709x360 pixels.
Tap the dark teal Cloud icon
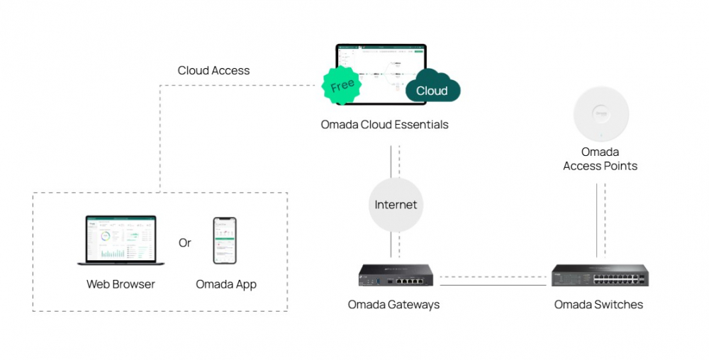coord(432,88)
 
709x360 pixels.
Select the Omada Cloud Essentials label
coord(384,125)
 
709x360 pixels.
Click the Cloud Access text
coord(213,70)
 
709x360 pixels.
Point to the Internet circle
coord(396,205)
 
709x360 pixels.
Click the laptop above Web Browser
coord(120,241)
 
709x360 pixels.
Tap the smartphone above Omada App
coord(225,241)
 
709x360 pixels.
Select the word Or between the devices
coord(185,243)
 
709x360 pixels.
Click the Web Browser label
coord(121,284)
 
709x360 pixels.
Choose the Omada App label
coord(226,284)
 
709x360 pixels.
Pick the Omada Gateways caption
coord(393,305)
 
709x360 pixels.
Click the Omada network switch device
coord(599,275)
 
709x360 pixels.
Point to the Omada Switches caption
coord(598,305)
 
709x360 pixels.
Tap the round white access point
coord(601,114)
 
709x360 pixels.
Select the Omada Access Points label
coord(600,159)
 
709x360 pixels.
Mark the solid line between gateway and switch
coord(496,284)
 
